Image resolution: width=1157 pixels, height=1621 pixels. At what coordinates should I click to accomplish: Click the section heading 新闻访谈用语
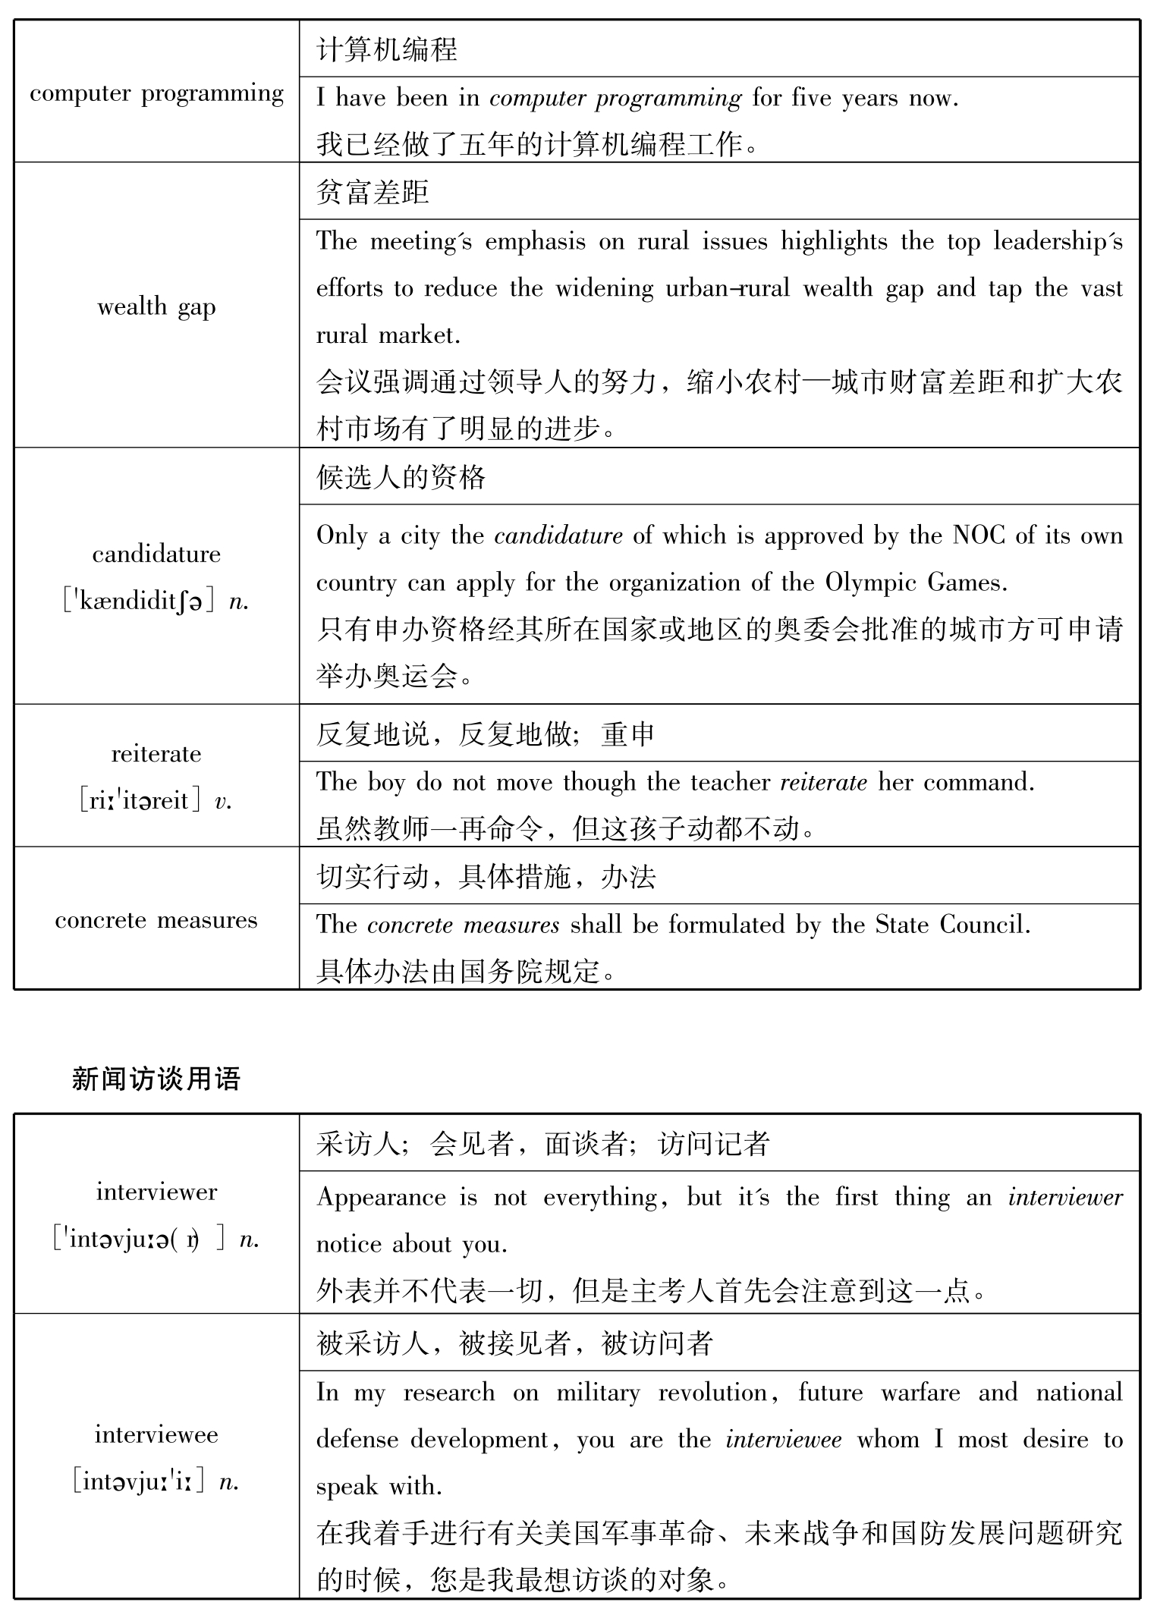tap(156, 1078)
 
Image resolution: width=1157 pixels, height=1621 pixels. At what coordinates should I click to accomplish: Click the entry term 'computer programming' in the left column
tap(156, 93)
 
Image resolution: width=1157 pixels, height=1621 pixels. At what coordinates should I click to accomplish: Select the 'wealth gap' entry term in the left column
tap(156, 307)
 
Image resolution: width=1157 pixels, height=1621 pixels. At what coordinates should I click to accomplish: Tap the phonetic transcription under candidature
tap(156, 602)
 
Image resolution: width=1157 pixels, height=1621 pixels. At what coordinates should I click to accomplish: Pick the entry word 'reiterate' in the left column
tap(156, 754)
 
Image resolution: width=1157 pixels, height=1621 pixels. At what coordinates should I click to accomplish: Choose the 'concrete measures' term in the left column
tap(156, 920)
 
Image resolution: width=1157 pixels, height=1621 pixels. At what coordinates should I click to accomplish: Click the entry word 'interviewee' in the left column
tap(156, 1434)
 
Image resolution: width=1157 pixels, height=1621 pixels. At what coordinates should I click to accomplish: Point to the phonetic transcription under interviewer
tap(156, 1239)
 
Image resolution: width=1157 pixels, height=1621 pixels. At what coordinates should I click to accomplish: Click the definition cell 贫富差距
tap(373, 192)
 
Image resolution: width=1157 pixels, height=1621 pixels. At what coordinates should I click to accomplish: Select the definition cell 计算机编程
tap(387, 50)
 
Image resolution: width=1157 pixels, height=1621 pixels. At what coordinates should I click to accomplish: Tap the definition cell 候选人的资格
tap(401, 477)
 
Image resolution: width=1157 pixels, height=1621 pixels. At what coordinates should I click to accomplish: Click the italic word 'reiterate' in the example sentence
tap(823, 782)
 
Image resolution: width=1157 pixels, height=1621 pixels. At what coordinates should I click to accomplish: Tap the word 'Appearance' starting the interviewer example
tap(381, 1198)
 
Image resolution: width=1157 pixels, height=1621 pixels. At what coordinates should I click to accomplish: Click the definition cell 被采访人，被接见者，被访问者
tap(515, 1343)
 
